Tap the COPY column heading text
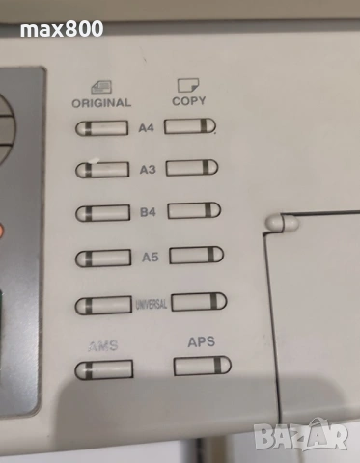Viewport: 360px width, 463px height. pyautogui.click(x=189, y=100)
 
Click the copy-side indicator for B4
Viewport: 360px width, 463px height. pyautogui.click(x=193, y=211)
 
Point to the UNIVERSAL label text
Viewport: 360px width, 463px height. pyautogui.click(x=152, y=305)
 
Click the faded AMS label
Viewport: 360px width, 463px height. pyautogui.click(x=102, y=345)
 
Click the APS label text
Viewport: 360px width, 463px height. pyautogui.click(x=201, y=341)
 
